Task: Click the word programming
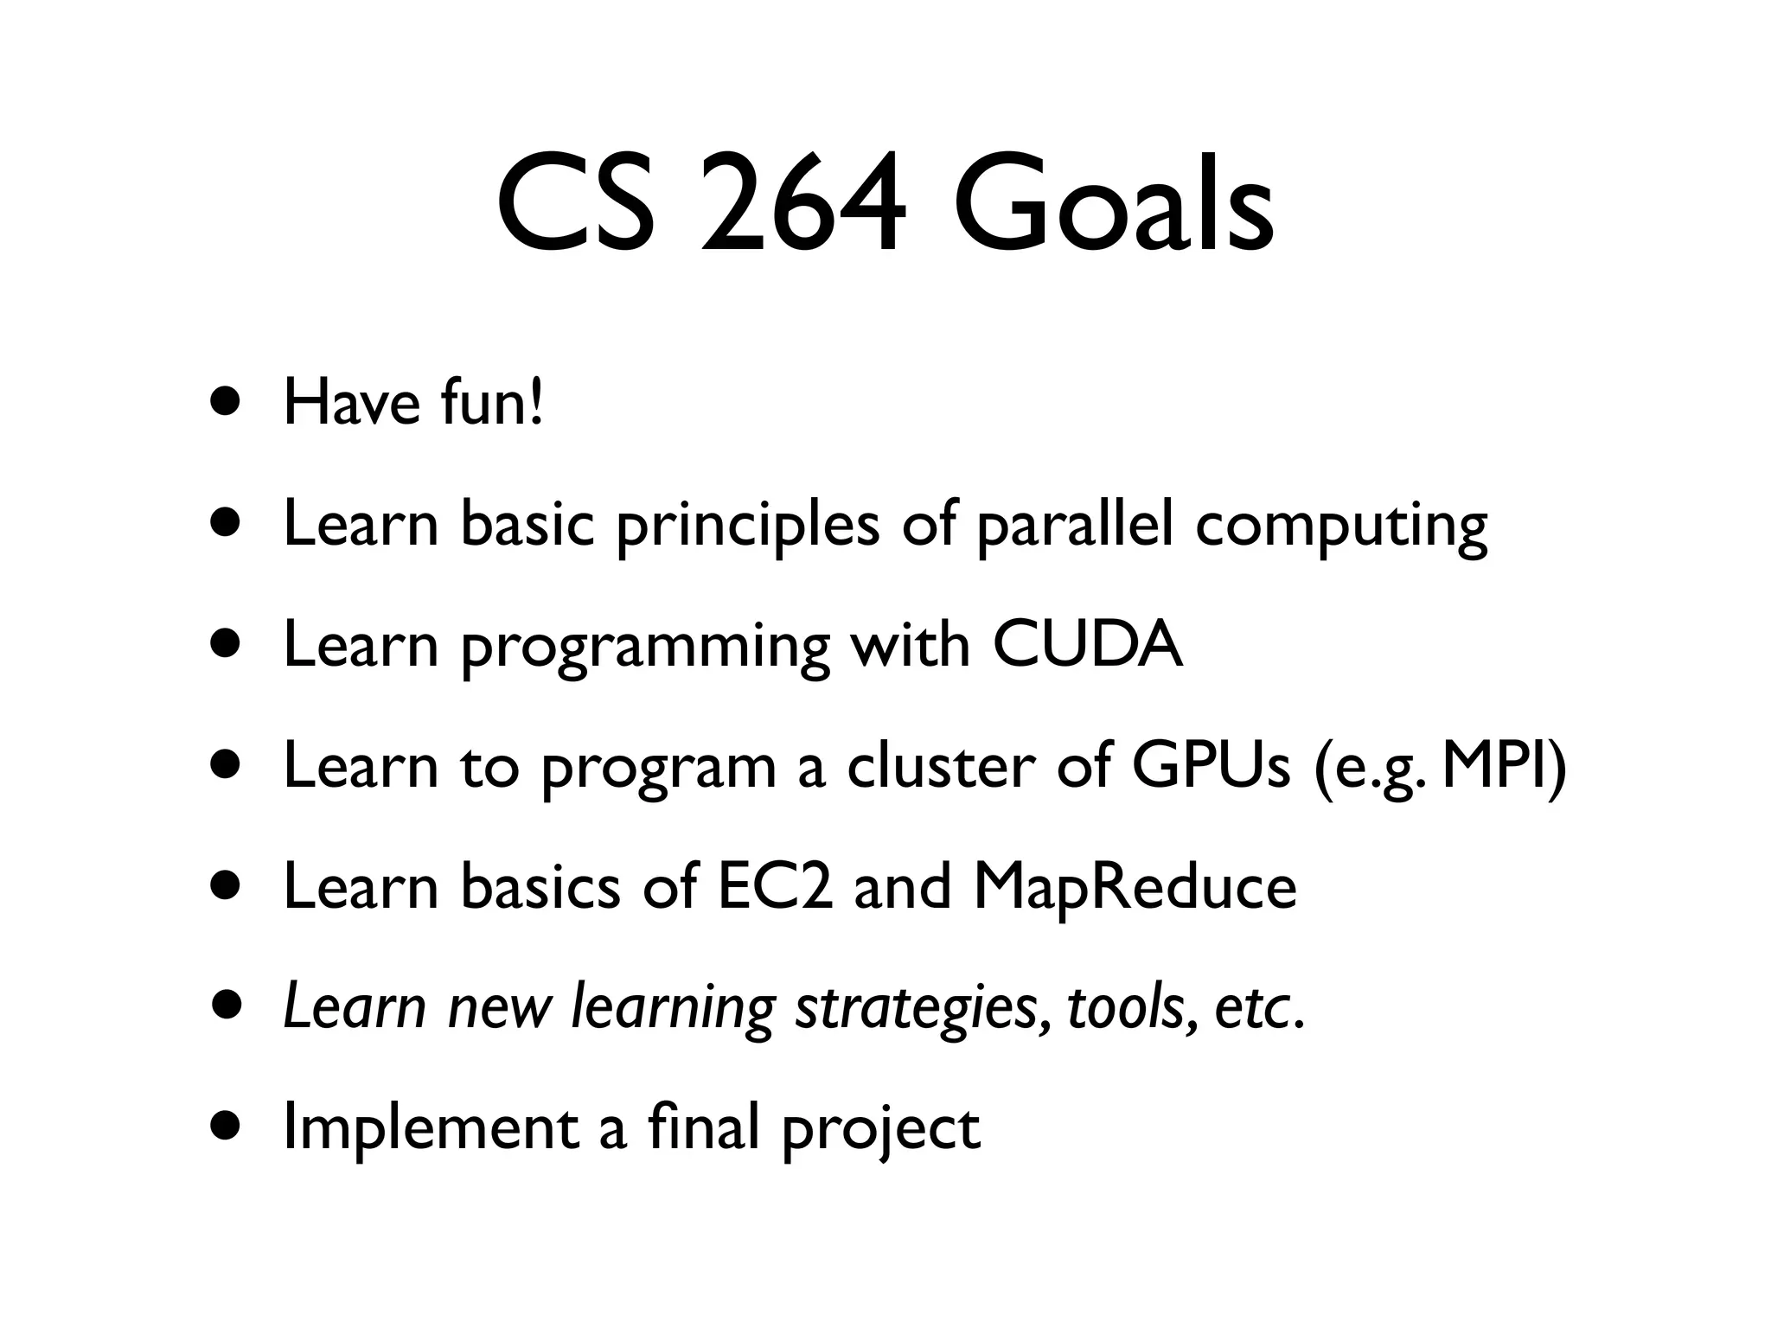coord(644,648)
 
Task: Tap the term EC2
coord(775,887)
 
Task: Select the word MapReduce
coord(1135,889)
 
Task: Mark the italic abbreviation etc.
coord(1257,1010)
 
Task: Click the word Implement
coord(431,1129)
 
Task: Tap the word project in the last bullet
coord(880,1131)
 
